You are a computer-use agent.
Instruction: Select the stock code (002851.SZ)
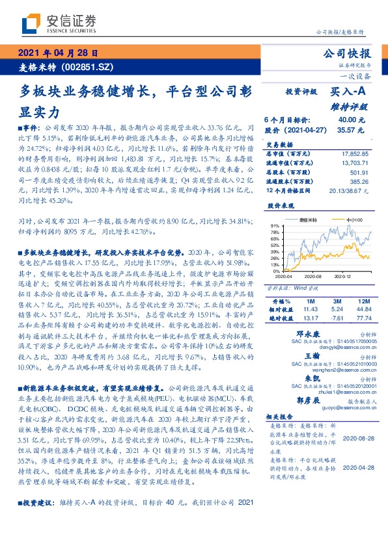89,66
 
